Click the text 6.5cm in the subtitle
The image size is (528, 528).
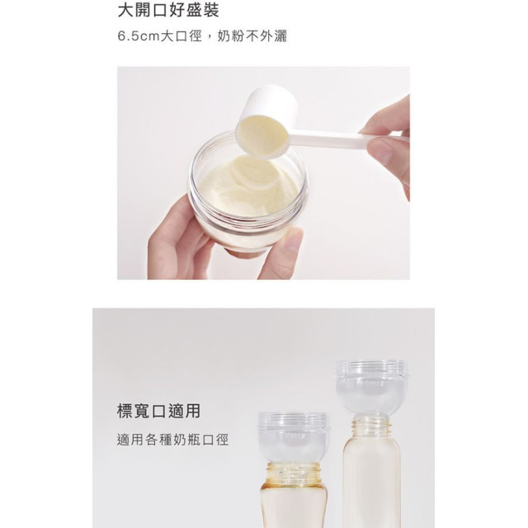139,38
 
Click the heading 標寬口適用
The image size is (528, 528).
158,411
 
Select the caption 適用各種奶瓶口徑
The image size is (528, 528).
172,440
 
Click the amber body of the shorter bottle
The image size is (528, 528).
294,507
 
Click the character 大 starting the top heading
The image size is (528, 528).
125,12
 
